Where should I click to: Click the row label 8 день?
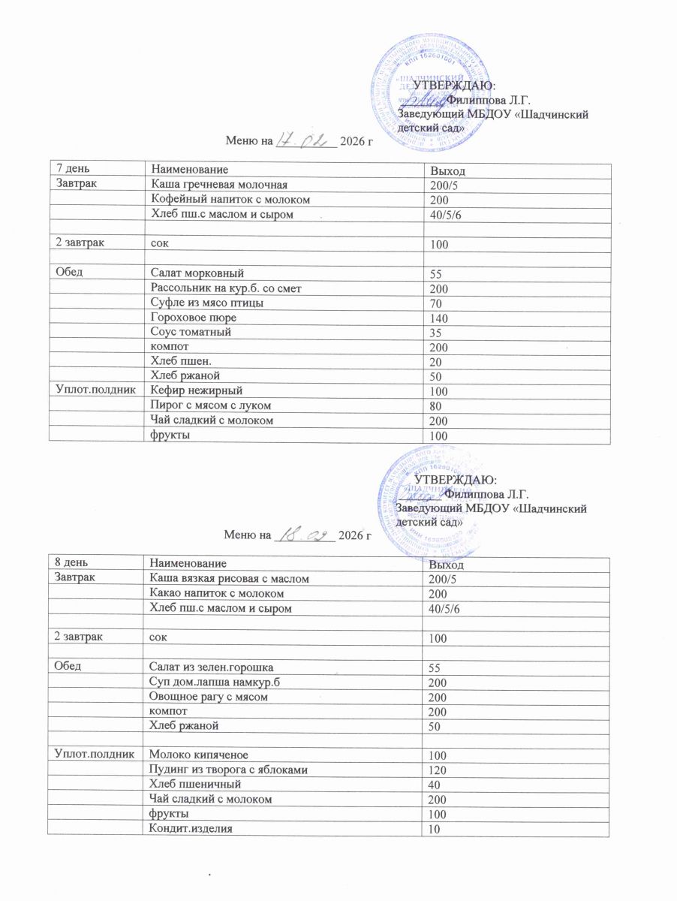coord(70,562)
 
